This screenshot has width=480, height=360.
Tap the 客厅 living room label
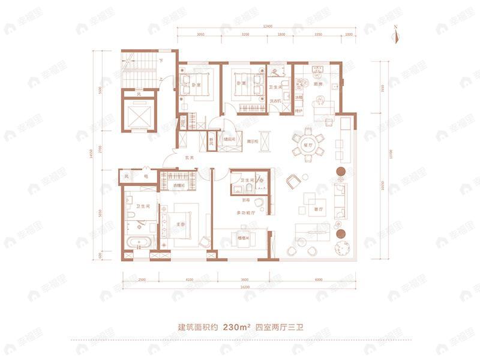(318, 209)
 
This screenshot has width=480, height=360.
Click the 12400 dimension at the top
(268, 26)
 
